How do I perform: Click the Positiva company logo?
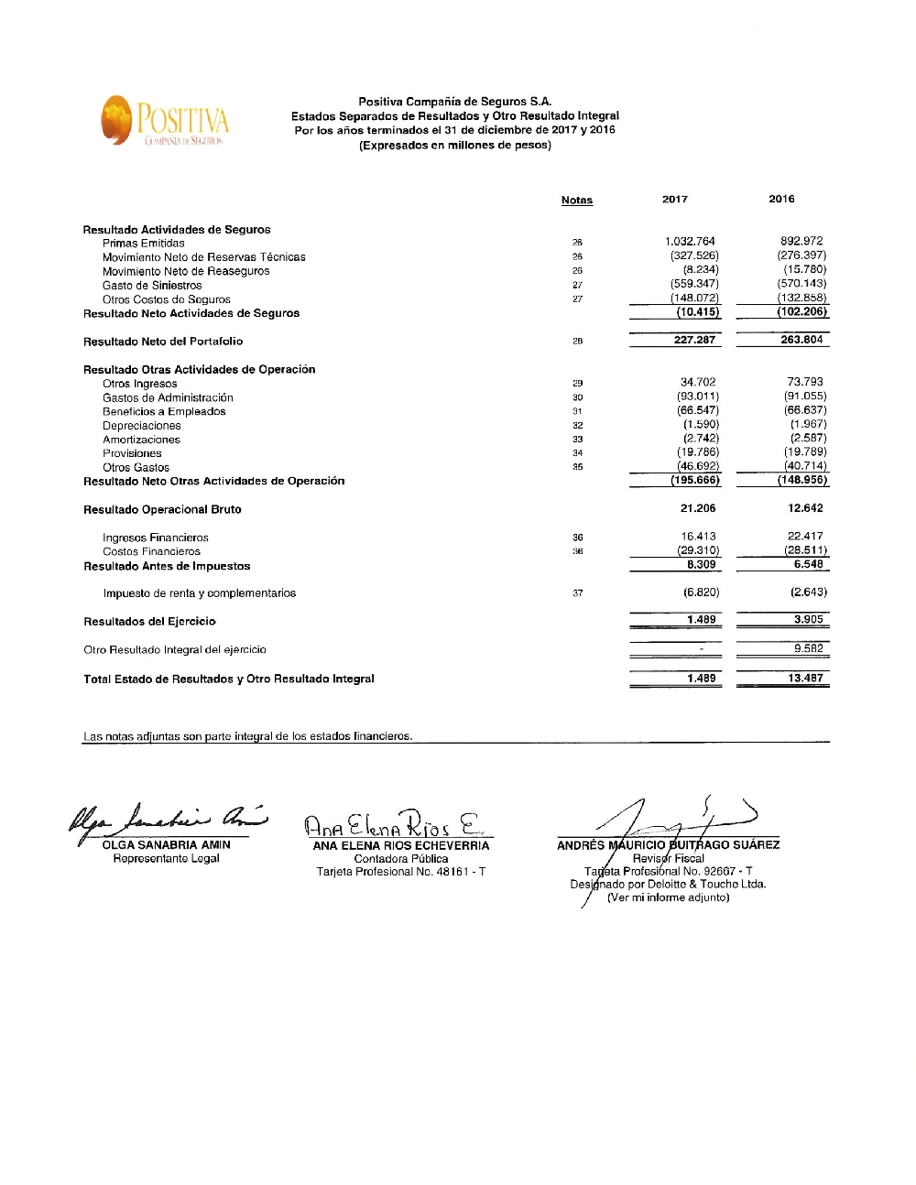point(165,121)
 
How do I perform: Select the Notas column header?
point(577,200)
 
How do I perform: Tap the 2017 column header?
point(675,199)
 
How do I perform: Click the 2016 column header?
point(781,199)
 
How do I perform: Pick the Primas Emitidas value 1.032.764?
point(691,242)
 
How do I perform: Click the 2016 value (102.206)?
point(802,311)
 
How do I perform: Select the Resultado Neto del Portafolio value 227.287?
point(695,340)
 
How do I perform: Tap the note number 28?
point(578,342)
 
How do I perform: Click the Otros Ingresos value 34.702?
point(698,383)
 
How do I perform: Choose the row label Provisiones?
point(132,453)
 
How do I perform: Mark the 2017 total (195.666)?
point(695,480)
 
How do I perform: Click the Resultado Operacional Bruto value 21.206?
point(698,508)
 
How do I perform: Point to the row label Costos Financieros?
point(151,551)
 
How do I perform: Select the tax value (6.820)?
point(702,592)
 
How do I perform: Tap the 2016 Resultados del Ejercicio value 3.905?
point(808,620)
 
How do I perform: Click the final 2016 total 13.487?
point(805,679)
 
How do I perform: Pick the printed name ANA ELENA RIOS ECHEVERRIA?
point(401,846)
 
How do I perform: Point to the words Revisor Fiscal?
point(669,859)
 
